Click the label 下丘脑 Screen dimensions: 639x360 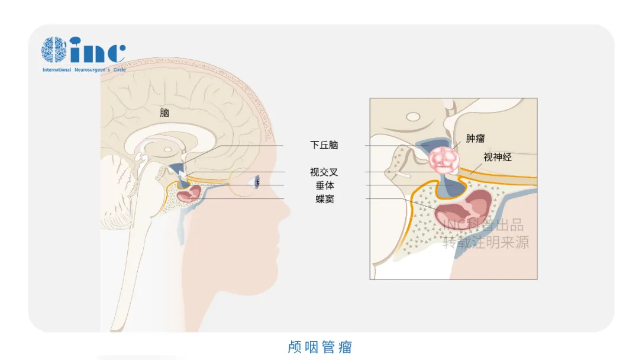[324, 145]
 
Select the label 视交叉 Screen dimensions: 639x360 [324, 172]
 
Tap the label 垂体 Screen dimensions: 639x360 [325, 185]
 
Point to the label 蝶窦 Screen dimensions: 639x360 [325, 199]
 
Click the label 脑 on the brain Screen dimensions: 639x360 [164, 112]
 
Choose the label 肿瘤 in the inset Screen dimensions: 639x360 [476, 139]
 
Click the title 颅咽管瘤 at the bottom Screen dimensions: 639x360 [320, 346]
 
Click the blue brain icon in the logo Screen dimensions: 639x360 [54, 50]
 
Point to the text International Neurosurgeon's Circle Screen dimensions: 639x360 [83, 70]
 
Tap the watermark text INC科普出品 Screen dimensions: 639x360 [483, 226]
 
